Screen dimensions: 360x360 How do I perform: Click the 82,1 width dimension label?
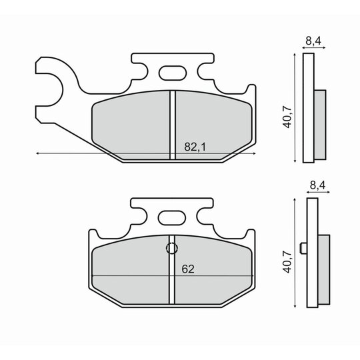(195, 147)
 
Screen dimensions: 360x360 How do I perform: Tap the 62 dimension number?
(188, 269)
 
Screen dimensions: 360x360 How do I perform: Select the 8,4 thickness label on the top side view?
(313, 41)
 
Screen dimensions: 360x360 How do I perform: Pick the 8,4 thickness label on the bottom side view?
(317, 185)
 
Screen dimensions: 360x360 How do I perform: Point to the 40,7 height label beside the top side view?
(287, 117)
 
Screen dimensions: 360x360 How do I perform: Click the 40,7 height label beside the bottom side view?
(287, 262)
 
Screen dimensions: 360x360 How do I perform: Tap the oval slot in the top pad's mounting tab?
(173, 73)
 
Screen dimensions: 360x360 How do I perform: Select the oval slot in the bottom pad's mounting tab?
(172, 218)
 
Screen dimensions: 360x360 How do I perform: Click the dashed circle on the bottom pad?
(172, 248)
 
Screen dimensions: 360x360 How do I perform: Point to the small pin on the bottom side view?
(304, 248)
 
